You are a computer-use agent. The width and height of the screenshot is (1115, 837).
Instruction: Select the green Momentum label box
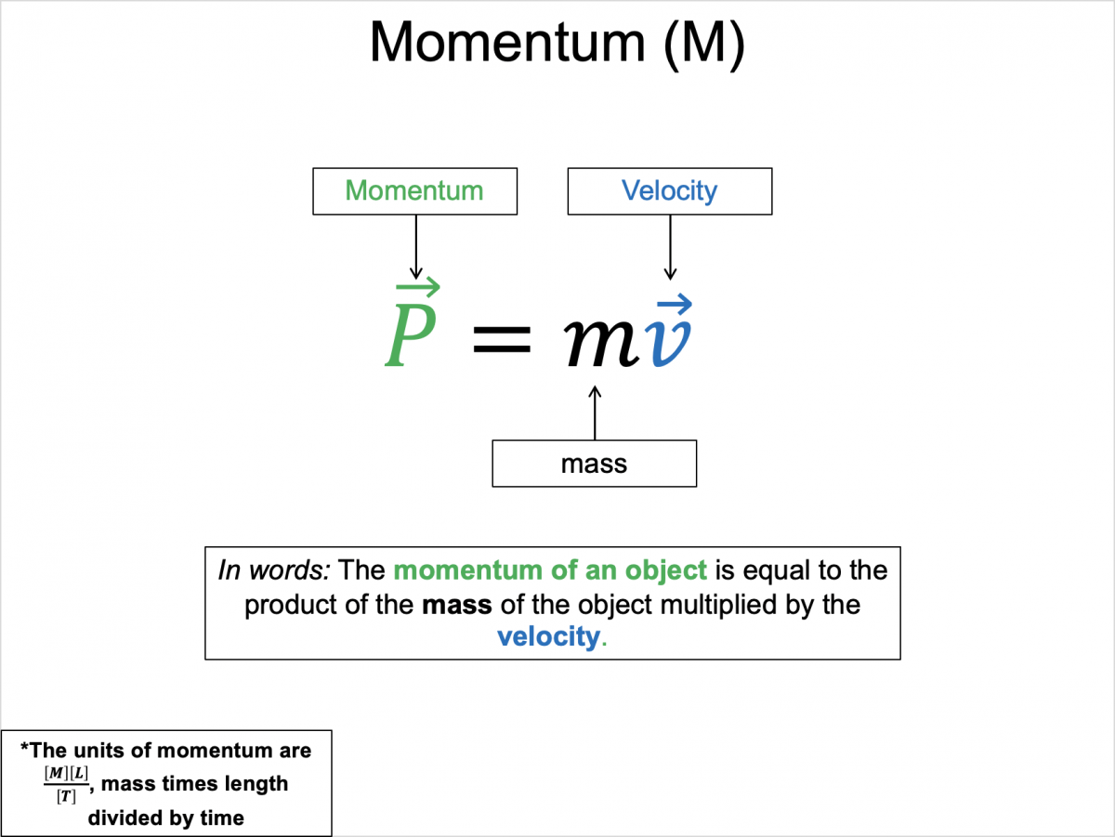click(x=414, y=191)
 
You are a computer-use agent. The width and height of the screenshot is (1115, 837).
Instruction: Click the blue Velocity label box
click(x=669, y=191)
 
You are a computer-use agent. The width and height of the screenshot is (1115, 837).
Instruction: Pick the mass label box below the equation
click(x=594, y=463)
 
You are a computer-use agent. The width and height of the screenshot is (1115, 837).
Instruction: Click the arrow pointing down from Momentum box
click(x=415, y=246)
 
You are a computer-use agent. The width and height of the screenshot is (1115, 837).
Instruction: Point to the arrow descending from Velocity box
click(x=668, y=246)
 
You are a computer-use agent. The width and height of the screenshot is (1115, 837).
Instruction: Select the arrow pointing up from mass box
click(x=595, y=413)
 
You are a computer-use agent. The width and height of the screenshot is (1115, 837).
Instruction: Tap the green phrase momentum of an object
click(x=549, y=569)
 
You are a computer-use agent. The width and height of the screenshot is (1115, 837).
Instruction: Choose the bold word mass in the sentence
click(x=456, y=604)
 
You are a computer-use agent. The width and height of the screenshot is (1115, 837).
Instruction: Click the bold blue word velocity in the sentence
click(x=548, y=637)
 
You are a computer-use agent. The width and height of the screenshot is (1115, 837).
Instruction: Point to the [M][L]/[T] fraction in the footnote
click(x=66, y=784)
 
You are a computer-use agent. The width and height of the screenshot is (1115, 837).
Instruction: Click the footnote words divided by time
click(x=166, y=817)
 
